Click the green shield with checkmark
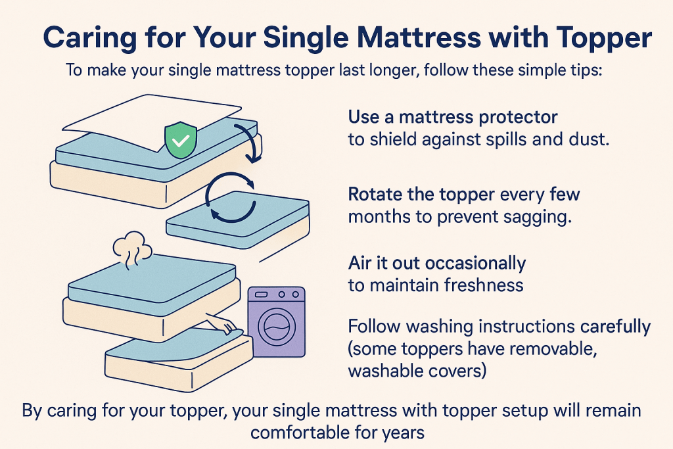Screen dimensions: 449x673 coord(181,141)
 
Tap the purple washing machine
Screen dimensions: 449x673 coord(275,321)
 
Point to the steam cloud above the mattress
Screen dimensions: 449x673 coord(132,248)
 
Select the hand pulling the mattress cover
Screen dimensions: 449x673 coord(223,323)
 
